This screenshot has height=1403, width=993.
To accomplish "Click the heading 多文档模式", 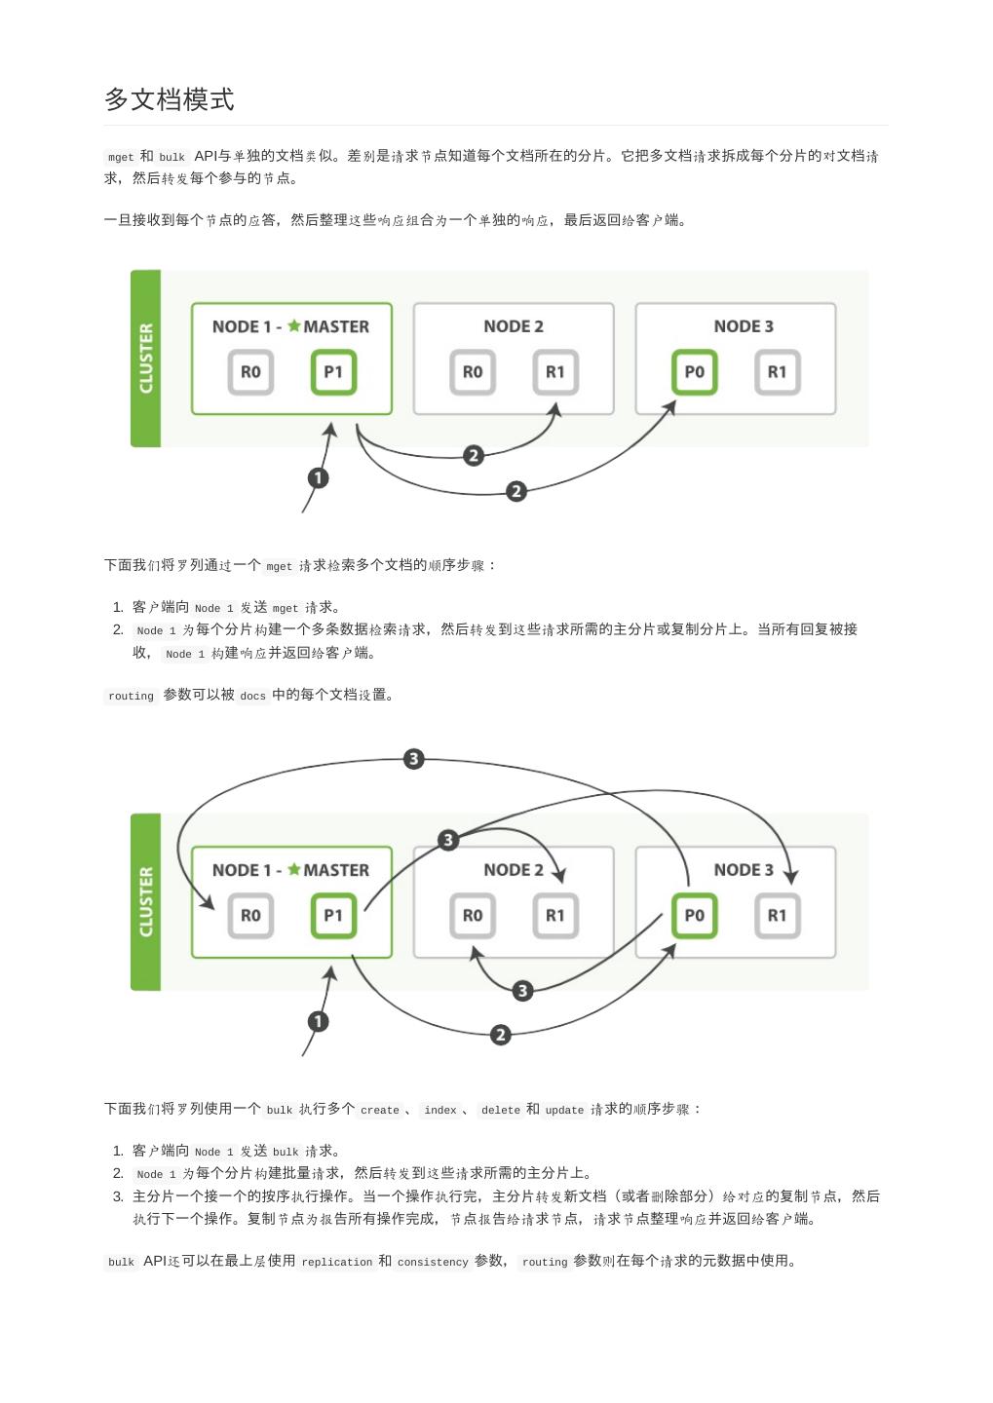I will pos(169,99).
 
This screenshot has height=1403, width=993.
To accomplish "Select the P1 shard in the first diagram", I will pos(333,372).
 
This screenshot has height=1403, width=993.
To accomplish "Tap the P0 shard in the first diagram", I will pos(694,372).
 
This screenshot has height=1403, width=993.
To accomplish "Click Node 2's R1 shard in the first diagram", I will pos(554,372).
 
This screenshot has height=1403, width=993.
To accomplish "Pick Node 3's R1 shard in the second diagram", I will pos(777,916).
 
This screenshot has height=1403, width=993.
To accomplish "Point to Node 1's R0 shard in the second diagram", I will pos(250,916).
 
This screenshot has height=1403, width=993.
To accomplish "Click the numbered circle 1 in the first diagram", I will pos(318,477).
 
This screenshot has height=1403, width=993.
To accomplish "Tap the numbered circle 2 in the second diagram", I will pos(500,1035).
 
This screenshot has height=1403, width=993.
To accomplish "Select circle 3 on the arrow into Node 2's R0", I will pos(522,991).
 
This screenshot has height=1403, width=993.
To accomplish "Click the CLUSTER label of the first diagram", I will pos(146,359).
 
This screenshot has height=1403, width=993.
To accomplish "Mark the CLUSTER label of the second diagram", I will pos(146,902).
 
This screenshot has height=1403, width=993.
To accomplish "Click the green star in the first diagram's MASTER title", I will pos(293,325).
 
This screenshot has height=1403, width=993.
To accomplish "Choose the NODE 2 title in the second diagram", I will pos(514,870).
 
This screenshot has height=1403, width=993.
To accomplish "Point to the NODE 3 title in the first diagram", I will pos(744,326).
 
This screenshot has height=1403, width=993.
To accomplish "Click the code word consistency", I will pos(433,1262).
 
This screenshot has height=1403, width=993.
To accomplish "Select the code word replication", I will pos(337,1262).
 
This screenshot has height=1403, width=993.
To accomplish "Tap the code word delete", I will pos(501,1110).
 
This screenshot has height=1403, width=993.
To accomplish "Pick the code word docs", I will pos(252,696).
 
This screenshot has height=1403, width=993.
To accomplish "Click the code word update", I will pos(564,1110).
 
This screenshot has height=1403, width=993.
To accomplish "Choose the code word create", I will pos(380,1110).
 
